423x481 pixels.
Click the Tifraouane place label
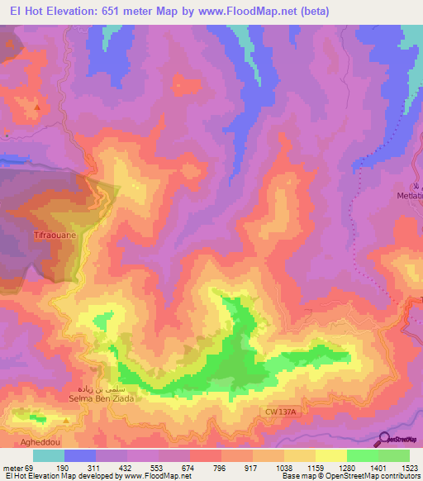[31, 236]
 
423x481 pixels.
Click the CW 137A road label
[282, 411]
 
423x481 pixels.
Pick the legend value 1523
[409, 468]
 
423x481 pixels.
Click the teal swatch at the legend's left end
[49, 455]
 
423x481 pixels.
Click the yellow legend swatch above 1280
[331, 455]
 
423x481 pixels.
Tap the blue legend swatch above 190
[80, 455]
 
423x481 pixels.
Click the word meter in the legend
[14, 468]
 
